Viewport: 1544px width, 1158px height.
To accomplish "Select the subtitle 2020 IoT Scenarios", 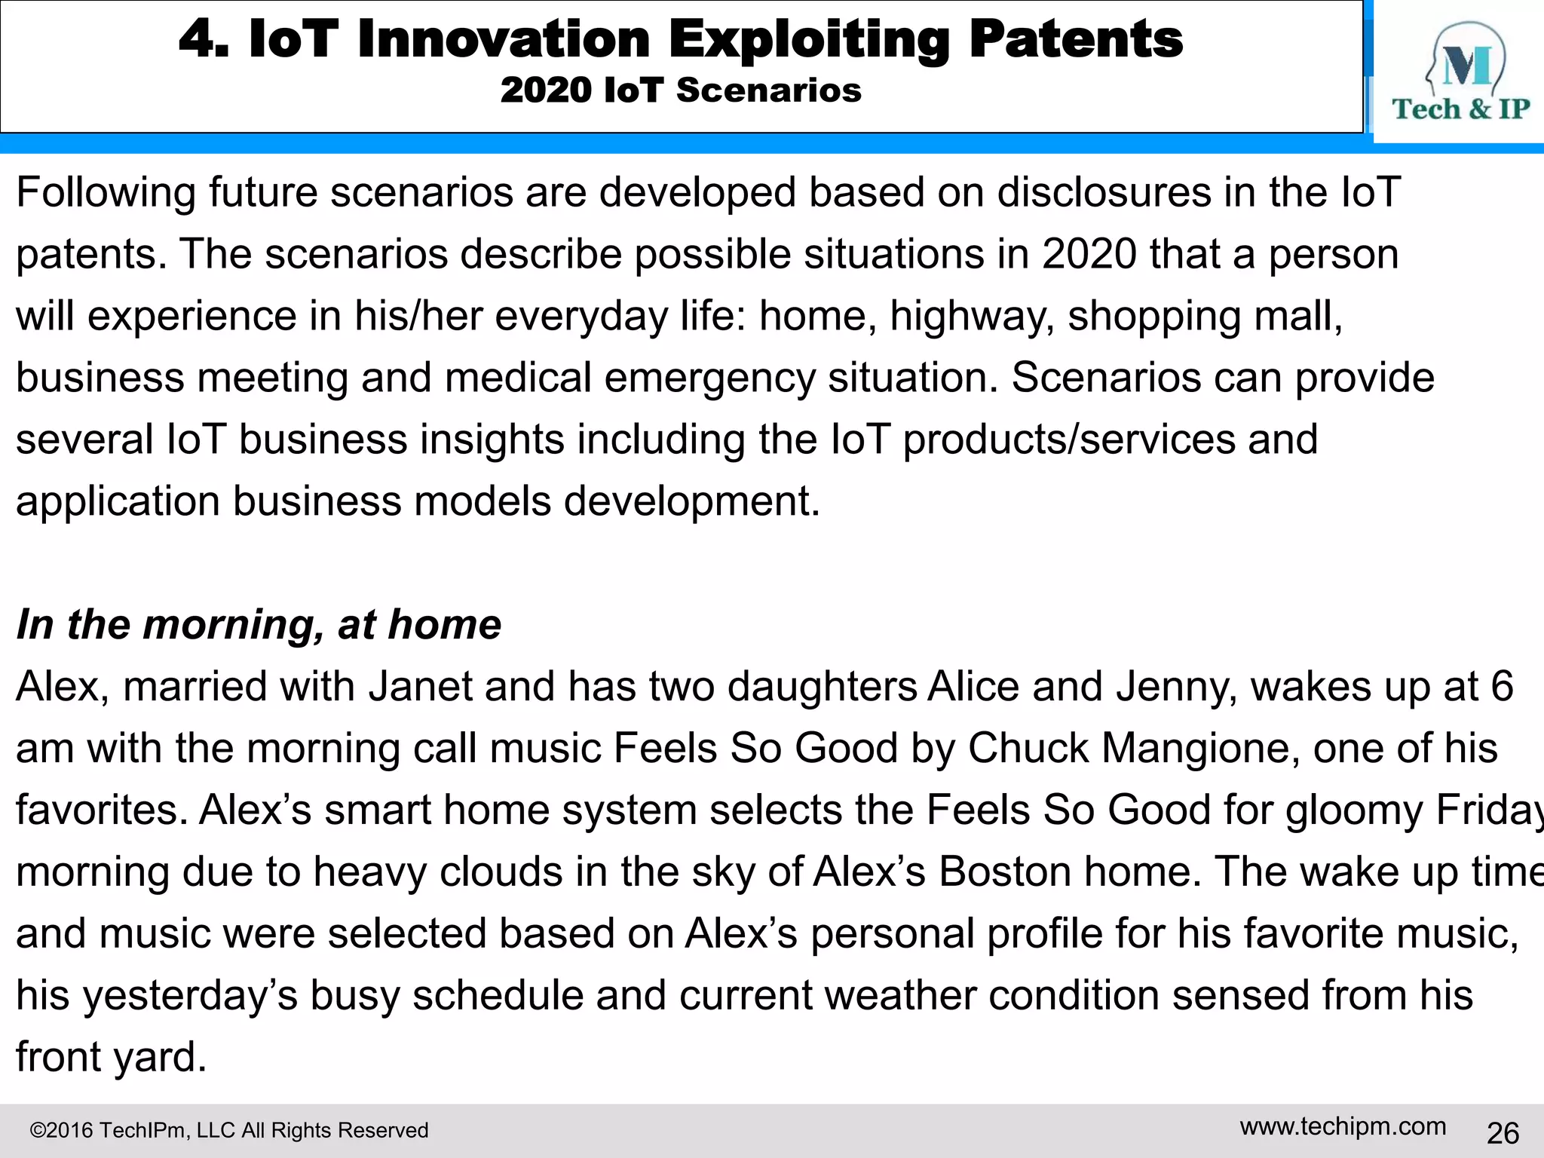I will point(680,90).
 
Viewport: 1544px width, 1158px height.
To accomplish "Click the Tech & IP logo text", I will point(1460,109).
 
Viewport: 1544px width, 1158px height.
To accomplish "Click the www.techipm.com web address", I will point(1343,1126).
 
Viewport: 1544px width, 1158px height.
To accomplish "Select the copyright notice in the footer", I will point(228,1130).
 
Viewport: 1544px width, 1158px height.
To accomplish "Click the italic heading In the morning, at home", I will point(259,624).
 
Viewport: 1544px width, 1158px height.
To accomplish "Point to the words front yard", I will point(111,1057).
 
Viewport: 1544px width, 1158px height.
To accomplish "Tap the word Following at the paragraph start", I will point(106,192).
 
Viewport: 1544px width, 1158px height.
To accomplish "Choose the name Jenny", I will point(1175,687).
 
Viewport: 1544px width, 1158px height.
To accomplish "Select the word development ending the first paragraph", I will point(691,501).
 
